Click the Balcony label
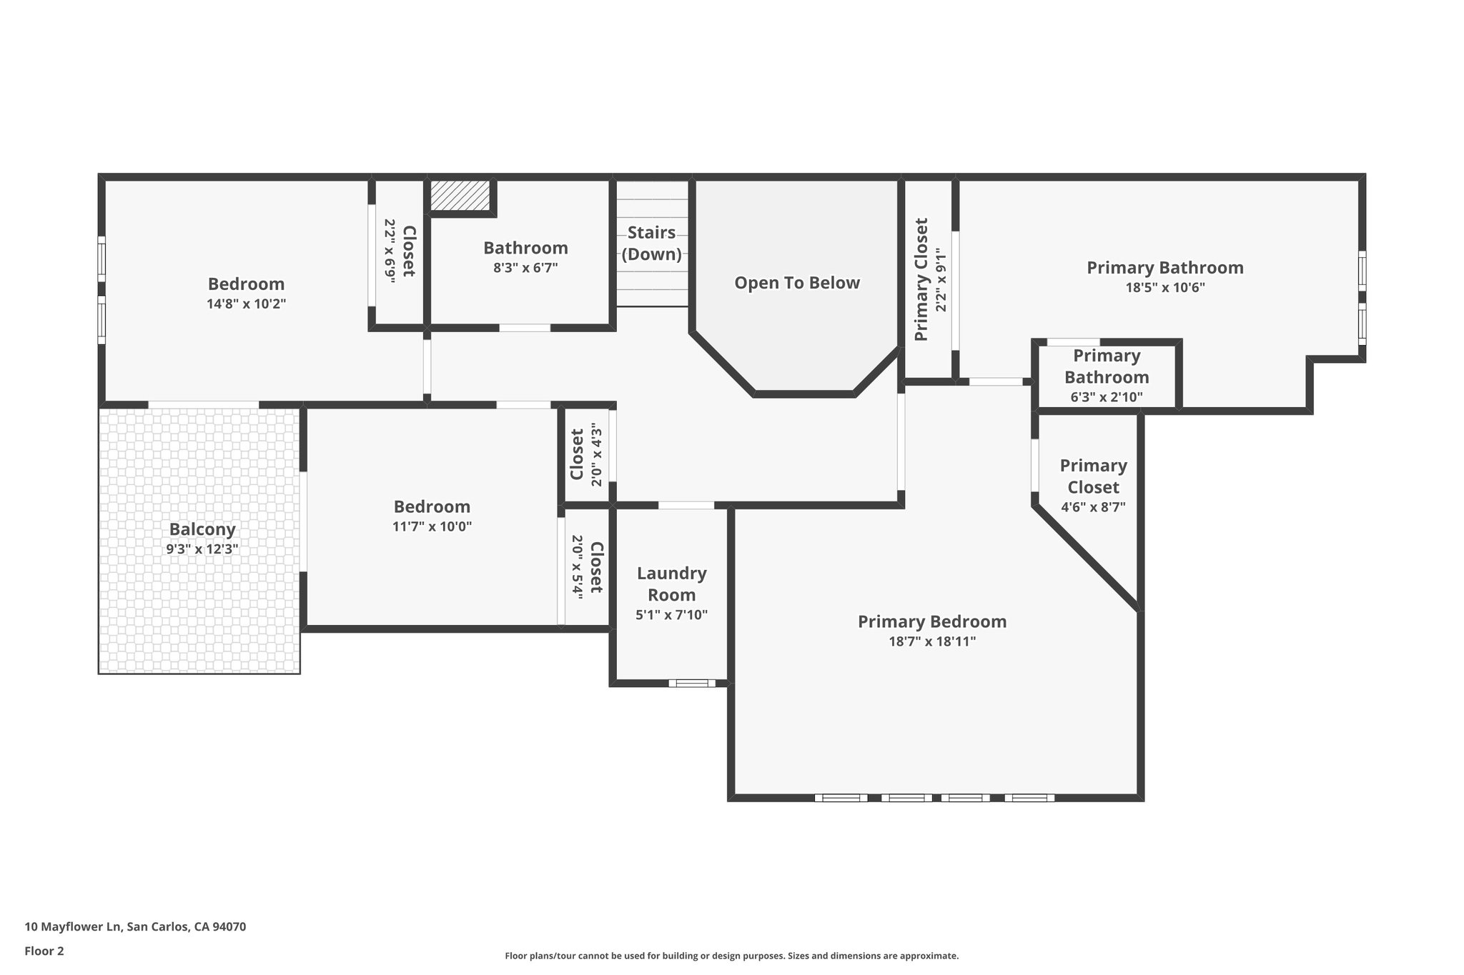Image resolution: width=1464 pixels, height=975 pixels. (x=202, y=529)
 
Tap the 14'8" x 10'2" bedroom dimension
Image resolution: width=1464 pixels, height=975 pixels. (x=247, y=304)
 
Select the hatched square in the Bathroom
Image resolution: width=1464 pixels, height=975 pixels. (x=460, y=196)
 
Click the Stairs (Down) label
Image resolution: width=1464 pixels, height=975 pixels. (x=651, y=244)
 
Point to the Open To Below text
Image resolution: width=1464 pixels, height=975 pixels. (x=797, y=283)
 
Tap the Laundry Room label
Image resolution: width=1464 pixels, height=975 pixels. (x=671, y=584)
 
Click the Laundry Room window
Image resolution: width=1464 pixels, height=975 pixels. (x=692, y=684)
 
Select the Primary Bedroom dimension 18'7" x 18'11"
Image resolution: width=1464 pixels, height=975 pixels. (x=932, y=641)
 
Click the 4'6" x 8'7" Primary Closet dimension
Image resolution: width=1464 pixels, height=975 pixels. (x=1093, y=507)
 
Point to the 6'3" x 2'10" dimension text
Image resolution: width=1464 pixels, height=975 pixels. (x=1107, y=397)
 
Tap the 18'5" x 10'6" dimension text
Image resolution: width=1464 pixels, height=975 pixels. (x=1165, y=288)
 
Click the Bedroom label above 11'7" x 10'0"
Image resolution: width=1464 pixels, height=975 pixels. (x=432, y=506)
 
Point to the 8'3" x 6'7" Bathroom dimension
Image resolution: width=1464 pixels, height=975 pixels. (x=525, y=268)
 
